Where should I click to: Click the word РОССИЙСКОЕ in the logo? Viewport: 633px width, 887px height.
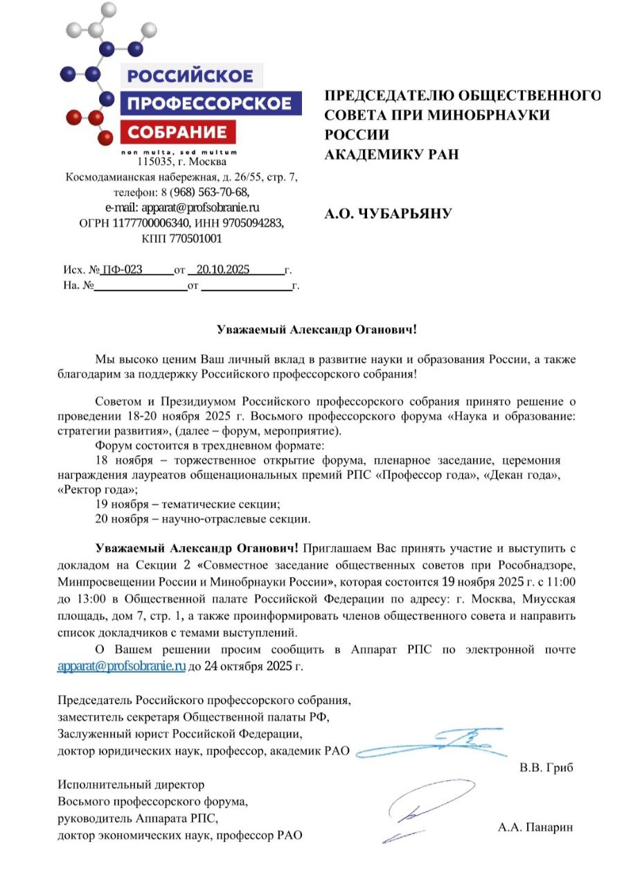190,76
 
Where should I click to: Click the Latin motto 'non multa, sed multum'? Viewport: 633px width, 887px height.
179,151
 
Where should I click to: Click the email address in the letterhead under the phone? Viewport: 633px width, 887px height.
181,207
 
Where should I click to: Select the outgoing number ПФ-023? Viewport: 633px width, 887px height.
123,270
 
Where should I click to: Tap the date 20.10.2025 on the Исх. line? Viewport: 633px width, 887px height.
222,270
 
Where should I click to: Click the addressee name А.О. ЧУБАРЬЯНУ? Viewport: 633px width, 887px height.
388,214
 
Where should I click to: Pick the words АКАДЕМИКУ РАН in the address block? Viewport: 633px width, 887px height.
391,155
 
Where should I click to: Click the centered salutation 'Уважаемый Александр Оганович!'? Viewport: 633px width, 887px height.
317,330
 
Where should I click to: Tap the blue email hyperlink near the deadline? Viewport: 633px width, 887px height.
121,667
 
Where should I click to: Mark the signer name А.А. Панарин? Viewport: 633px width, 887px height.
535,827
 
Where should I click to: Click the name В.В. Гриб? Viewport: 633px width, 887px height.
546,769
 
